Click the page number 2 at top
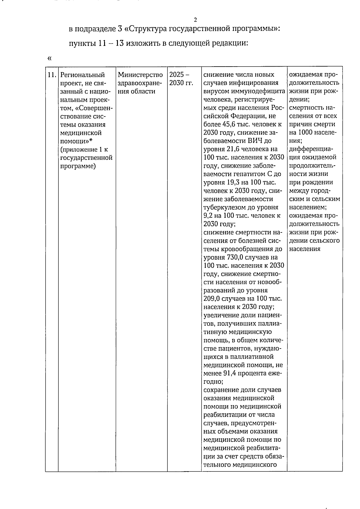point(195,20)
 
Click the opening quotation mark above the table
point(49,58)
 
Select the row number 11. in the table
point(52,75)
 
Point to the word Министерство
point(140,75)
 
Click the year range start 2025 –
point(179,75)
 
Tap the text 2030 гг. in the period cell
point(181,83)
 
